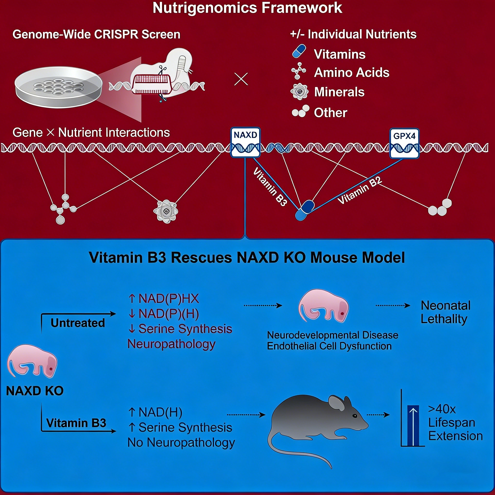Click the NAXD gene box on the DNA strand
tap(245, 142)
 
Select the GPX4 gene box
tap(404, 143)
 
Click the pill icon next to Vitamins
tap(299, 51)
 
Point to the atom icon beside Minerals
tap(299, 91)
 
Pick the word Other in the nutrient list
tap(330, 113)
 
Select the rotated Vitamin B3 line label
tap(270, 187)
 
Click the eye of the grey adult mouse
tap(355, 416)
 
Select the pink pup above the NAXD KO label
tap(32, 362)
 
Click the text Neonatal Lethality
tap(445, 312)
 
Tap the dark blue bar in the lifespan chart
tap(413, 426)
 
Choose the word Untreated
tap(78, 323)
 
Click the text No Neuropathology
tap(181, 443)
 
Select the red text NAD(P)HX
tap(168, 298)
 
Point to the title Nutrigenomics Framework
tap(247, 8)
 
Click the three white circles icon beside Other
tap(300, 111)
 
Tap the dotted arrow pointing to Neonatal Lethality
tap(393, 306)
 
